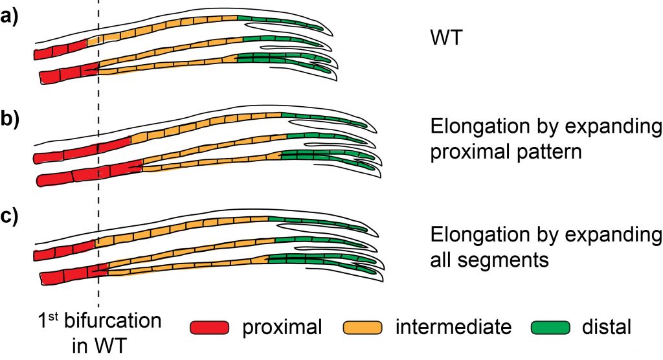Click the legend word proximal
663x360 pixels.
pyautogui.click(x=282, y=328)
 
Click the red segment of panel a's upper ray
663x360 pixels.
pyautogui.click(x=61, y=49)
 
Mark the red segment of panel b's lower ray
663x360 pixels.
pyautogui.click(x=91, y=172)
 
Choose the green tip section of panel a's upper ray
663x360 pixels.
pyautogui.click(x=278, y=22)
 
